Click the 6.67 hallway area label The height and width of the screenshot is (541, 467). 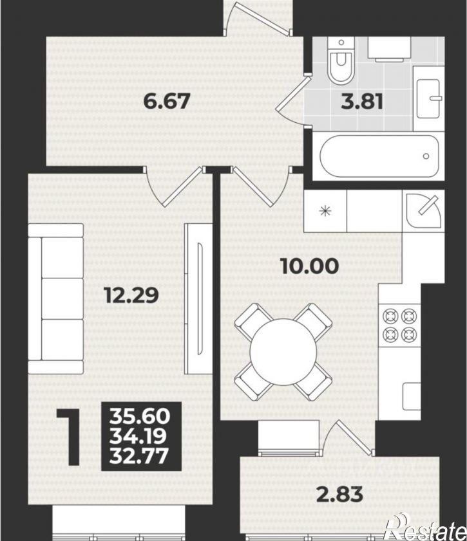click(166, 102)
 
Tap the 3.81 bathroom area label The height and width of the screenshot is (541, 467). click(362, 102)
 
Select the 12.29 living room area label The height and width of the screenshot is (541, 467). click(132, 295)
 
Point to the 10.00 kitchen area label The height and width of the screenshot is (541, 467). click(310, 266)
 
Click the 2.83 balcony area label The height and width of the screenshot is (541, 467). click(340, 495)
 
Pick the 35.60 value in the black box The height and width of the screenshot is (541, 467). click(140, 416)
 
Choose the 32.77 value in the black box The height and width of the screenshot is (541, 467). click(139, 456)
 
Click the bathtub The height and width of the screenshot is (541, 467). click(379, 156)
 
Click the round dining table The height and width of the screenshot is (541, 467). click(283, 352)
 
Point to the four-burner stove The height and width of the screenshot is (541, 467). click(399, 325)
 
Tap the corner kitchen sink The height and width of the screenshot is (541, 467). click(424, 210)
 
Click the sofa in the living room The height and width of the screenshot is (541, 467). click(55, 298)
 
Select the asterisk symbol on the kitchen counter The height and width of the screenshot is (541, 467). click(325, 211)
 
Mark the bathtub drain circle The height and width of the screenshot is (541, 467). click(426, 156)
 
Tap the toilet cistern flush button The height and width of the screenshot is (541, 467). click(341, 42)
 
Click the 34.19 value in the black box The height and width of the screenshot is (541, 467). click(138, 436)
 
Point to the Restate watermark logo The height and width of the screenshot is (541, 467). click(427, 527)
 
